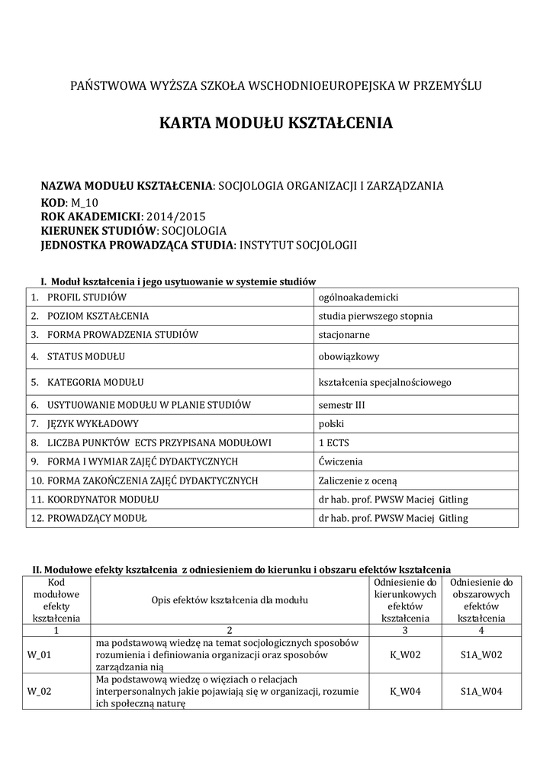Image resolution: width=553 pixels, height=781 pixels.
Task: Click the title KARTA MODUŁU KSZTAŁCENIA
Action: pos(276,123)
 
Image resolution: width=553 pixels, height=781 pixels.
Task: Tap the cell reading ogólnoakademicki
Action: pos(358,297)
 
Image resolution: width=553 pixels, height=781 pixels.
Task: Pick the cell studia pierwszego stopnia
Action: pos(375,316)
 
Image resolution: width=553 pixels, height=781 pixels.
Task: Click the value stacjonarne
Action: pos(344,334)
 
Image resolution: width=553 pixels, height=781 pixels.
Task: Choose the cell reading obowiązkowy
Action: pos(348,356)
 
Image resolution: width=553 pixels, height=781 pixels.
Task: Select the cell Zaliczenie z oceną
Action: pos(358,480)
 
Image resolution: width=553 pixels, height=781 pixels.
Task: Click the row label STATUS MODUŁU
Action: pos(86,356)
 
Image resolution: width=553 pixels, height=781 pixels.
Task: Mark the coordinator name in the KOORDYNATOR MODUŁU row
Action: pos(393,500)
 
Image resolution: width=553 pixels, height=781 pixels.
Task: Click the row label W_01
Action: pos(39,654)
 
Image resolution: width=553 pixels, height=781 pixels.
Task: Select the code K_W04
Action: pos(405,692)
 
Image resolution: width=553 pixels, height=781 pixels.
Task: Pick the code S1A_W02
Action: pos(481,654)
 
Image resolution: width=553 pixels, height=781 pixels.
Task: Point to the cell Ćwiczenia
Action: pos(340,461)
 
